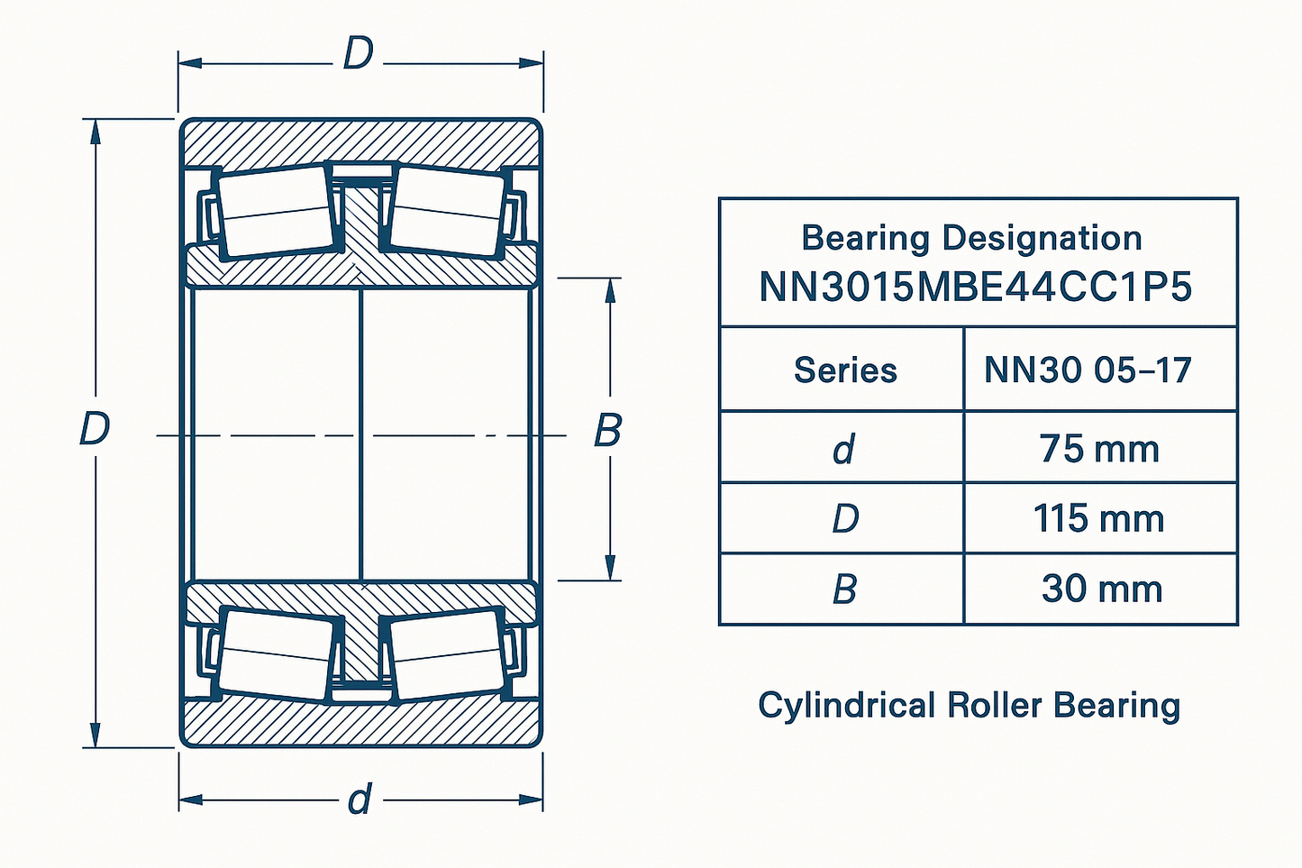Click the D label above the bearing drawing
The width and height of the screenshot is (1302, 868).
[x=358, y=56]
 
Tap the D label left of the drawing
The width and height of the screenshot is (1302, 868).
[x=95, y=429]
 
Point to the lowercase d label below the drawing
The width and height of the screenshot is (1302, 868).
[x=360, y=799]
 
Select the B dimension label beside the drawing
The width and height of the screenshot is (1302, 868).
[x=608, y=431]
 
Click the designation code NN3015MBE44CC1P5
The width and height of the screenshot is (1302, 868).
[x=976, y=288]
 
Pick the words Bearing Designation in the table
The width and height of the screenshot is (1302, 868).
[x=971, y=238]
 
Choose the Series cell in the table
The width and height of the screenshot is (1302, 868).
[x=845, y=370]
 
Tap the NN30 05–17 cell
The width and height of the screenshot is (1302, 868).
[x=1088, y=370]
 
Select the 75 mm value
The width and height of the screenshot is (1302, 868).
[x=1099, y=449]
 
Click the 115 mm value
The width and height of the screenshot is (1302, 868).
[x=1098, y=519]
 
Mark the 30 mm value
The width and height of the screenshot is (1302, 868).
[x=1101, y=589]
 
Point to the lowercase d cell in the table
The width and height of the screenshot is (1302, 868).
[x=843, y=449]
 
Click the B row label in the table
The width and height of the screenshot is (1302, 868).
[x=844, y=589]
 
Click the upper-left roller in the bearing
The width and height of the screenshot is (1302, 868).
[x=275, y=211]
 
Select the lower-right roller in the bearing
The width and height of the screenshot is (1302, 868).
[x=448, y=653]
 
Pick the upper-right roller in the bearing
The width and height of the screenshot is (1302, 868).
[x=448, y=211]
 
